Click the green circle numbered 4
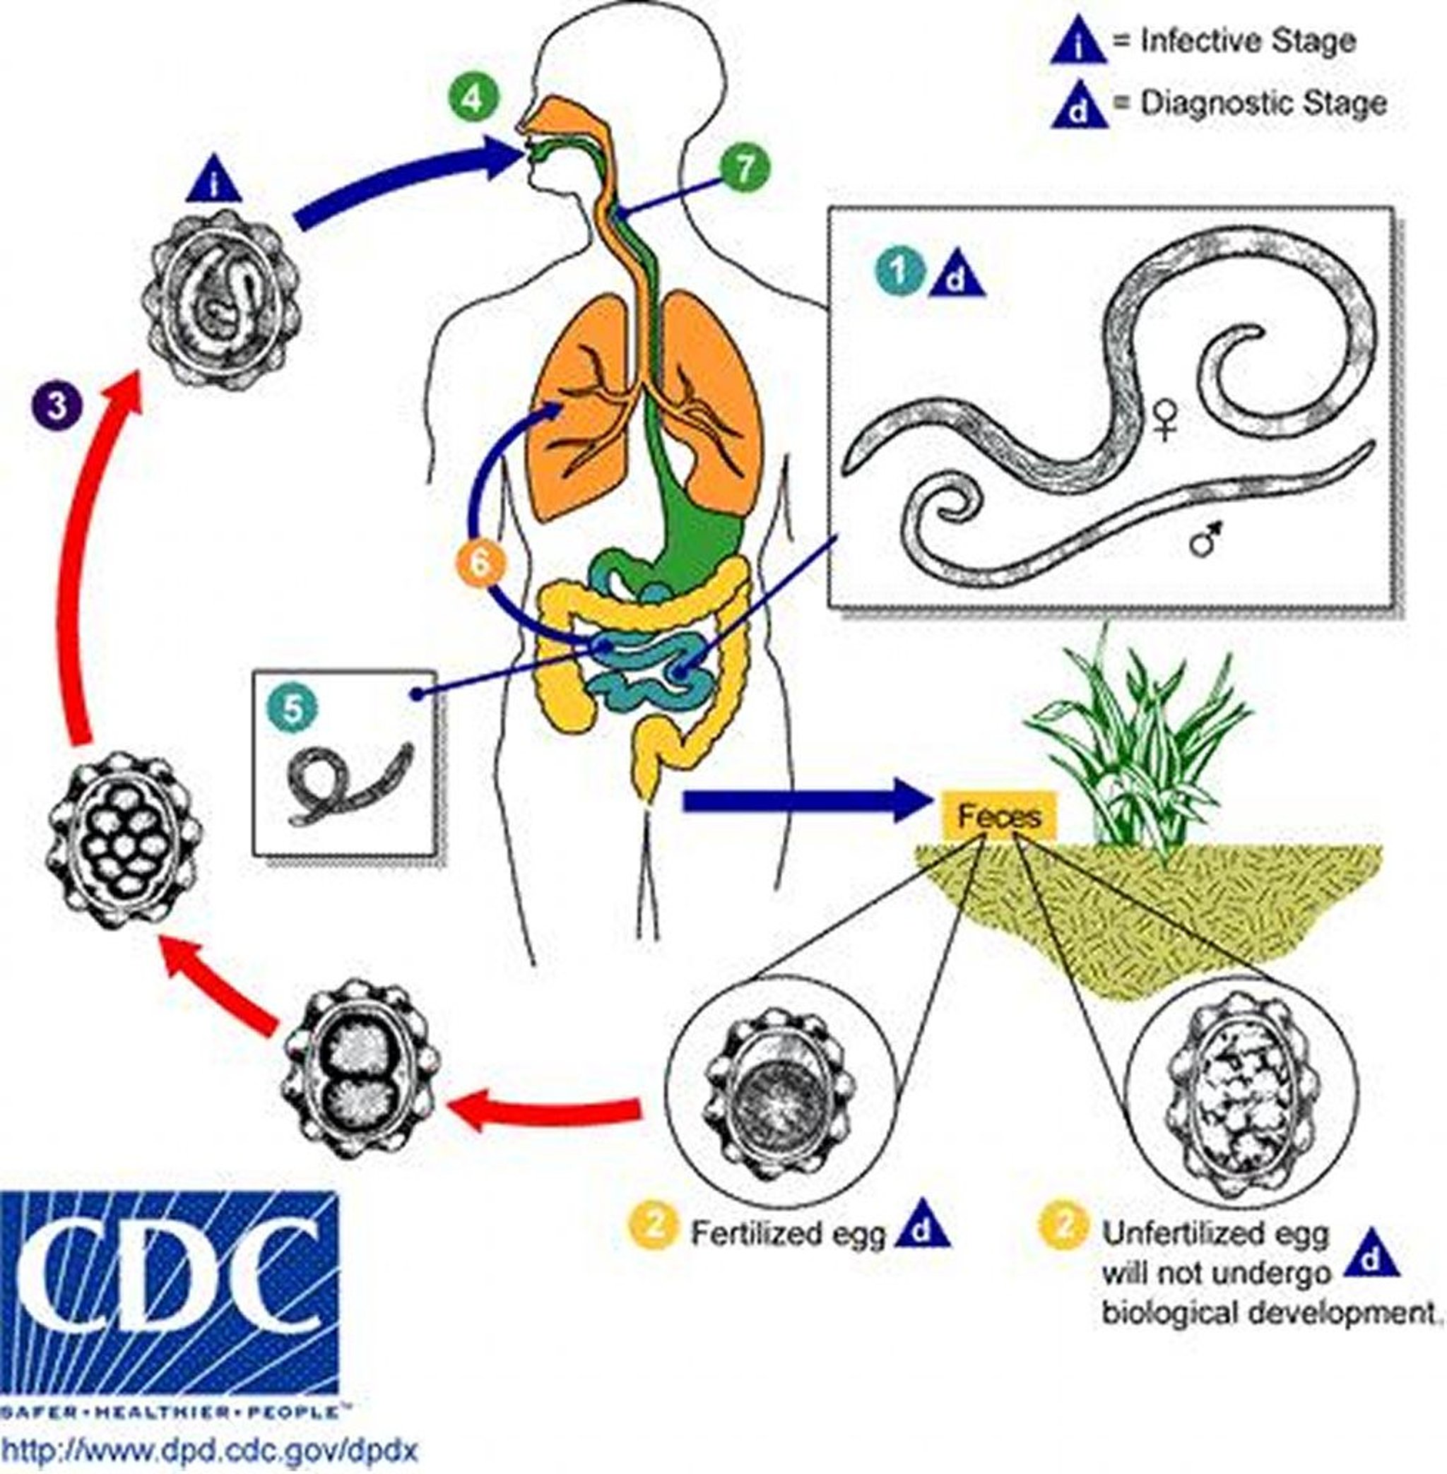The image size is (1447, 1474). tap(474, 100)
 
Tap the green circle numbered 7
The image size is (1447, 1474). tap(744, 168)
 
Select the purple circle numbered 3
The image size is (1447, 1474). tap(57, 408)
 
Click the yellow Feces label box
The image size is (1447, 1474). tap(998, 816)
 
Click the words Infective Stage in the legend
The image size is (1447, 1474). tap(1247, 40)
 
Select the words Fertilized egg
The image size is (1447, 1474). tap(788, 1232)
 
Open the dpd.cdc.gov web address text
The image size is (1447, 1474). tap(210, 1450)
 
